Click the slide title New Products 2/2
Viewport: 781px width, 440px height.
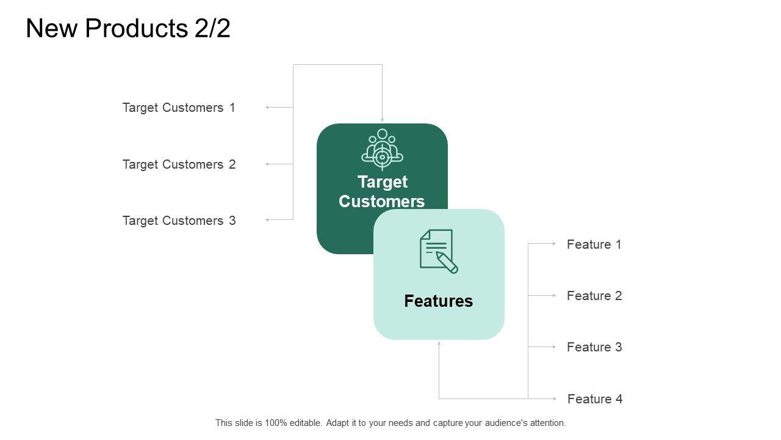point(128,29)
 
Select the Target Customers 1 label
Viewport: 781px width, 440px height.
point(179,108)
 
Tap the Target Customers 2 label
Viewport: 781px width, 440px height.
point(179,164)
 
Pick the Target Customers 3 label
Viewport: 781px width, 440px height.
point(179,221)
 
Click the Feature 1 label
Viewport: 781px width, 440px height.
point(594,244)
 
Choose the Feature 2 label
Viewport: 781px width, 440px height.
point(594,296)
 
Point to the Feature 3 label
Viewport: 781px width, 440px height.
point(594,347)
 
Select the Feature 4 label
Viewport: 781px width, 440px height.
point(595,399)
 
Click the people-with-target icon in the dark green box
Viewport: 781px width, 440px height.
point(382,148)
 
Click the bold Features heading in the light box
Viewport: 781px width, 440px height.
point(438,301)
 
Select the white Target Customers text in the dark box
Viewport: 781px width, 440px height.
point(382,191)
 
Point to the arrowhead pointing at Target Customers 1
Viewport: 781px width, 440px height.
point(267,108)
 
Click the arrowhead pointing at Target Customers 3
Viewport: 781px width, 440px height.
point(267,219)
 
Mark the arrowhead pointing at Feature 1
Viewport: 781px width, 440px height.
point(554,243)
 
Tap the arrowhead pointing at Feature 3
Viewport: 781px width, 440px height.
point(554,346)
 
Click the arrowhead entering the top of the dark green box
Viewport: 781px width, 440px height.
point(383,120)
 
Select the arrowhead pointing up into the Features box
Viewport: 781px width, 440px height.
point(439,343)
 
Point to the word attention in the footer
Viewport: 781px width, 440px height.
point(547,423)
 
